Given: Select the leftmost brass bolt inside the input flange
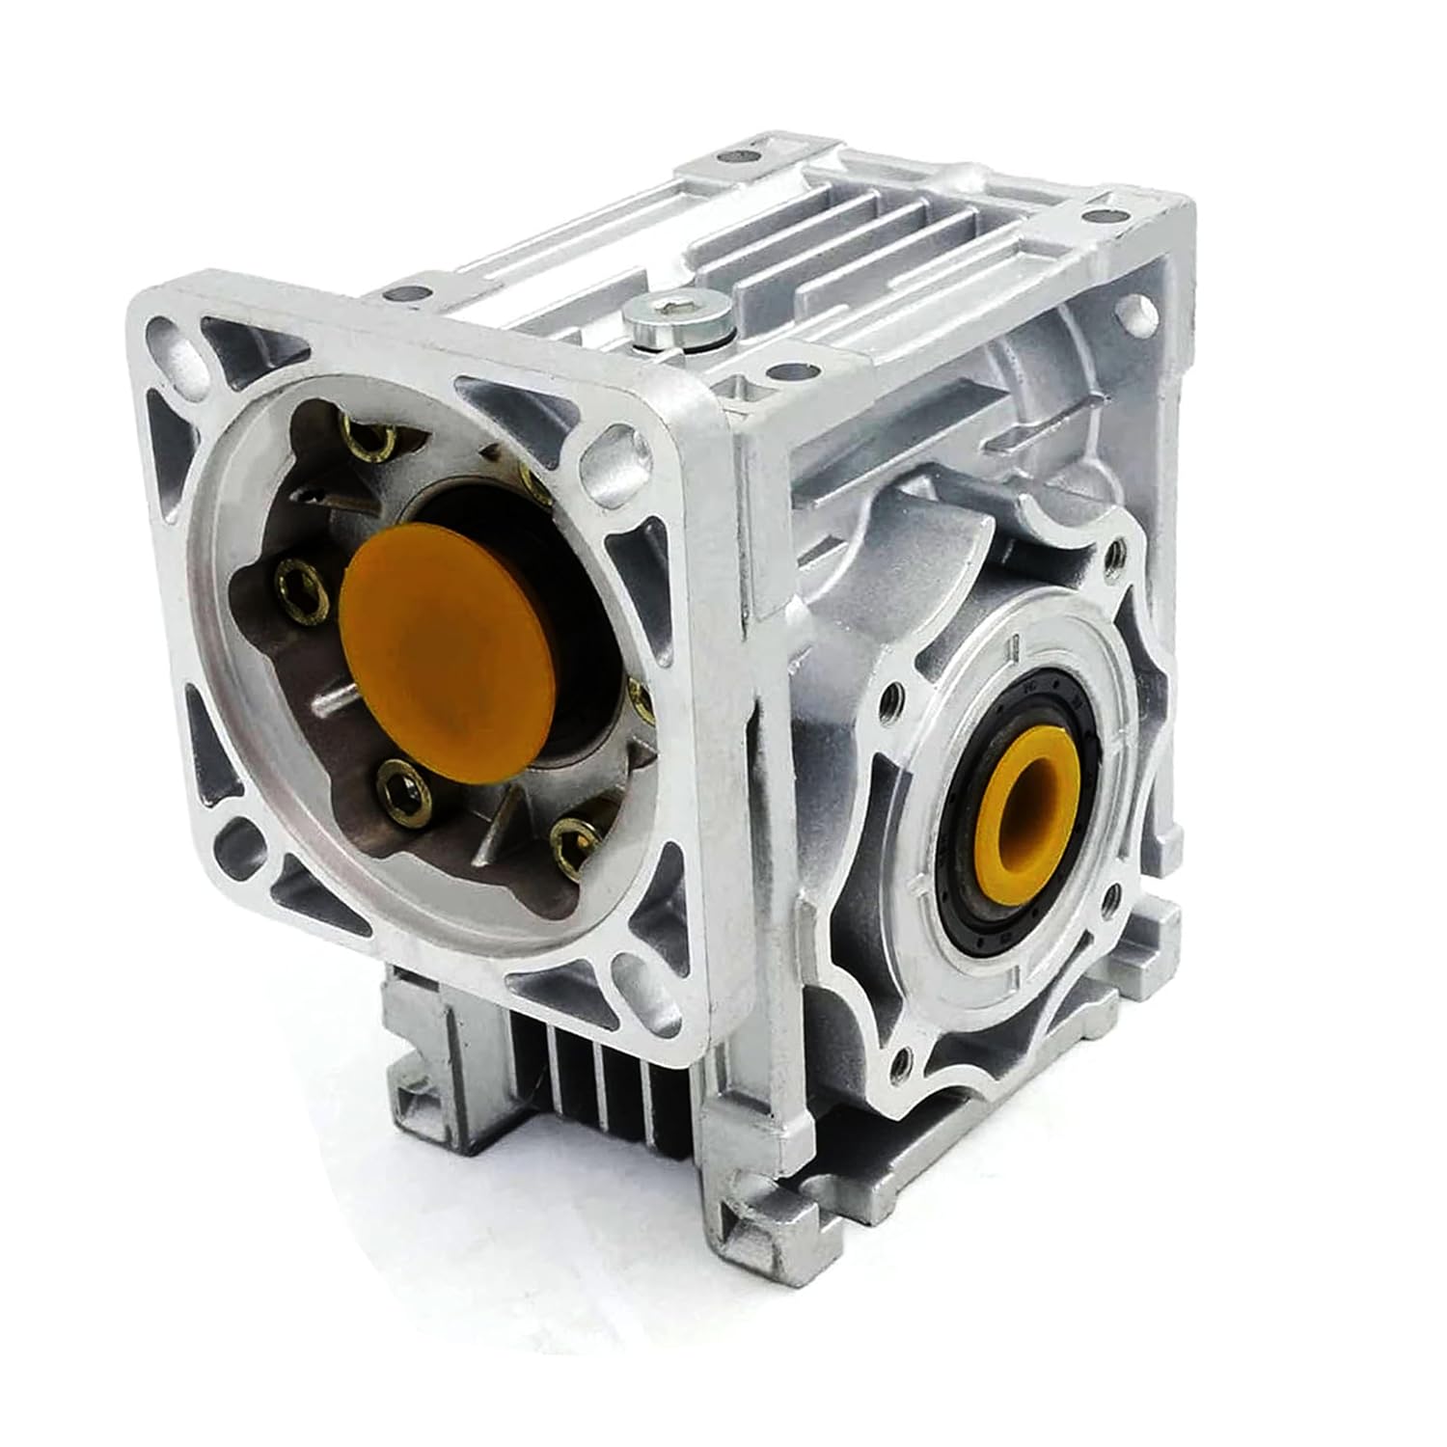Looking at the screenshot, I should pos(293,579).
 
